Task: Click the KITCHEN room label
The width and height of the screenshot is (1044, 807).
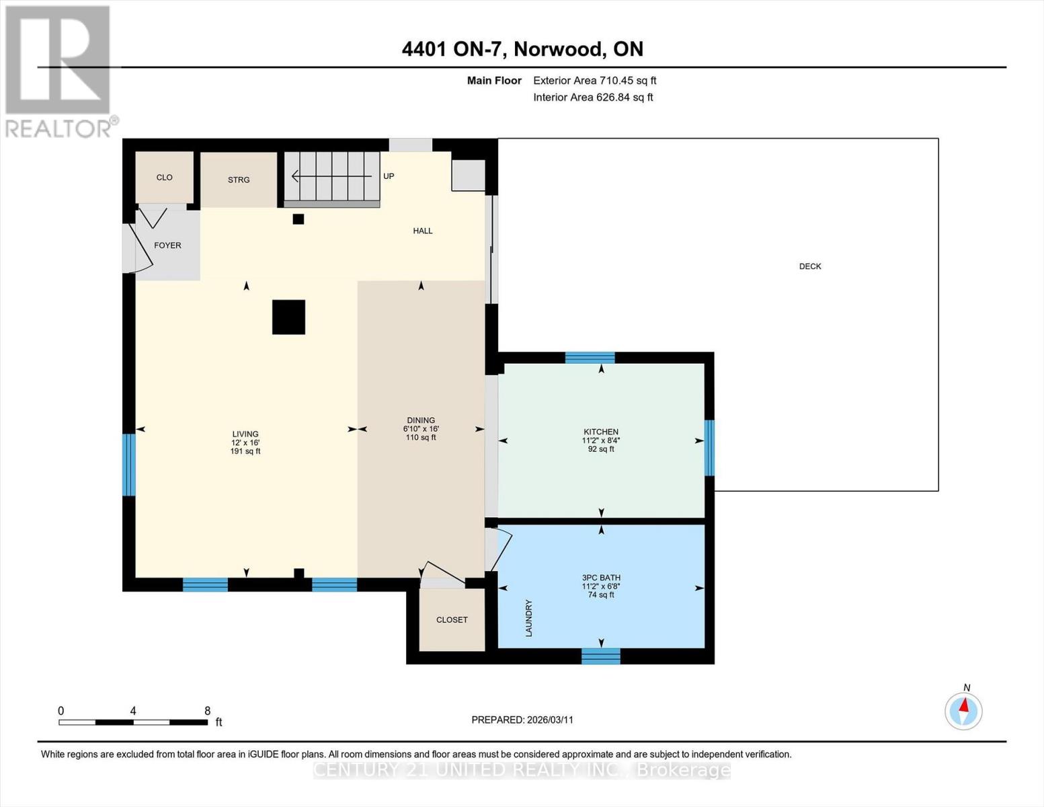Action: coord(600,432)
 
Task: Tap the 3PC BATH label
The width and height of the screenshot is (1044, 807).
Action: coord(601,578)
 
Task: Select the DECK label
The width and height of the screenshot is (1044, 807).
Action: coord(809,266)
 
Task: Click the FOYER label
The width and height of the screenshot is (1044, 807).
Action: coord(167,245)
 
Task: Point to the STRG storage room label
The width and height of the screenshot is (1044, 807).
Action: coord(239,180)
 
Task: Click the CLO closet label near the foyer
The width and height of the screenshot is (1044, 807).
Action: coord(164,178)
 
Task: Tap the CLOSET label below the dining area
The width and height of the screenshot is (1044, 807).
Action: coord(452,619)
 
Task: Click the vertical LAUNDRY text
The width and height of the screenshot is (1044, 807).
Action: coord(528,618)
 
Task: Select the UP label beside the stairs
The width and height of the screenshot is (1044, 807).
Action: coord(389,176)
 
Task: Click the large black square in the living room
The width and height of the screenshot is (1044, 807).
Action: coord(288,317)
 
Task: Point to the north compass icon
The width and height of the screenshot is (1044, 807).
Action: coord(963,710)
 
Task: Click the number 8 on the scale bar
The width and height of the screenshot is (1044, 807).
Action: coord(207,711)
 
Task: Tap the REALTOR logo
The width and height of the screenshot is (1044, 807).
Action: coord(58,71)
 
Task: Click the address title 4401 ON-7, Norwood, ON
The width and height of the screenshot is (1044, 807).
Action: coord(522,49)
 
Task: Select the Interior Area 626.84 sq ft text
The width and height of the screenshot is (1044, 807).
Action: coord(593,98)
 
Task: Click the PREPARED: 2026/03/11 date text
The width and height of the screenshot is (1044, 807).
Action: coord(522,720)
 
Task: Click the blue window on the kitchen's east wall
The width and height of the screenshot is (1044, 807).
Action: coord(709,448)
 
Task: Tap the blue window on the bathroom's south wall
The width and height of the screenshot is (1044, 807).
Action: coord(600,656)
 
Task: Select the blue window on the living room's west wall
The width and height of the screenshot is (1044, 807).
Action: coord(128,465)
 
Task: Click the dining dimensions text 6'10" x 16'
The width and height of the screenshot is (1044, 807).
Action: coord(421,429)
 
